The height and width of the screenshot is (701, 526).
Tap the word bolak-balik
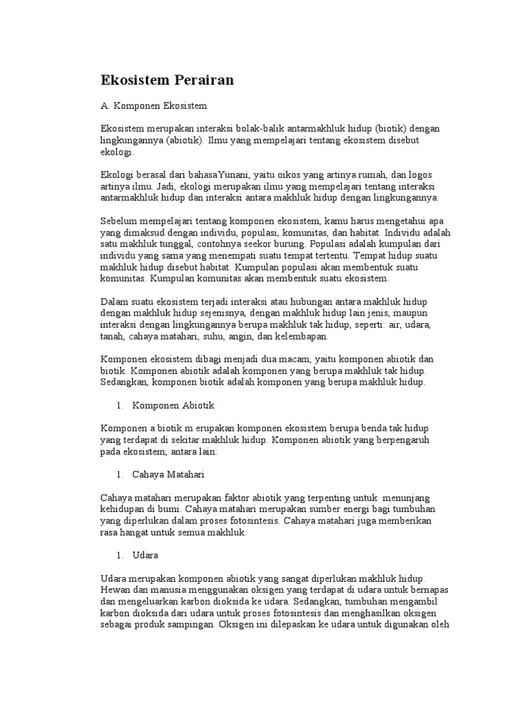(x=259, y=129)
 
